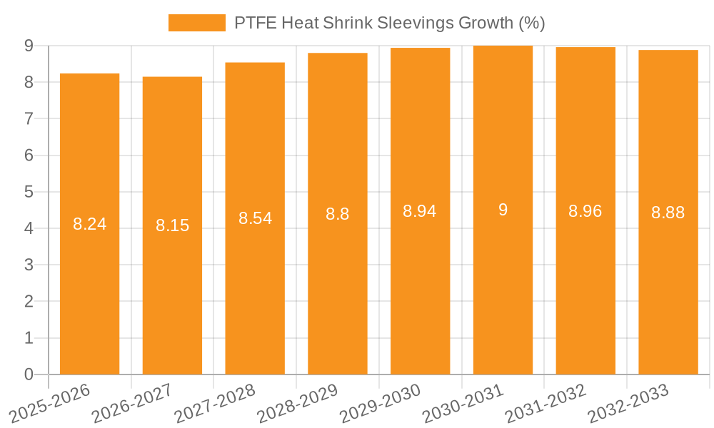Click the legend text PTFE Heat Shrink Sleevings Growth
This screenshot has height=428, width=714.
click(x=389, y=23)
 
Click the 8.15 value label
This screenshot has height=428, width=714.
click(x=172, y=225)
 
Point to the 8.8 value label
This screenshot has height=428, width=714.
click(x=337, y=214)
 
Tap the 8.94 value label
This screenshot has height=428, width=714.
click(x=420, y=211)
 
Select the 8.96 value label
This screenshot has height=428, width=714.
click(x=585, y=211)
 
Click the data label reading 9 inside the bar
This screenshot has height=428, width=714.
click(x=503, y=210)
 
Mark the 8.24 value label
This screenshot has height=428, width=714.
click(x=89, y=224)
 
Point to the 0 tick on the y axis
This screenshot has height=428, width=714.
click(x=29, y=374)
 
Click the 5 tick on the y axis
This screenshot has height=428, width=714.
click(x=29, y=192)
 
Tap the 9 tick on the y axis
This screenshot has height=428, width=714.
click(x=29, y=46)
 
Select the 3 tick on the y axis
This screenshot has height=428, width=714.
click(x=29, y=265)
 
